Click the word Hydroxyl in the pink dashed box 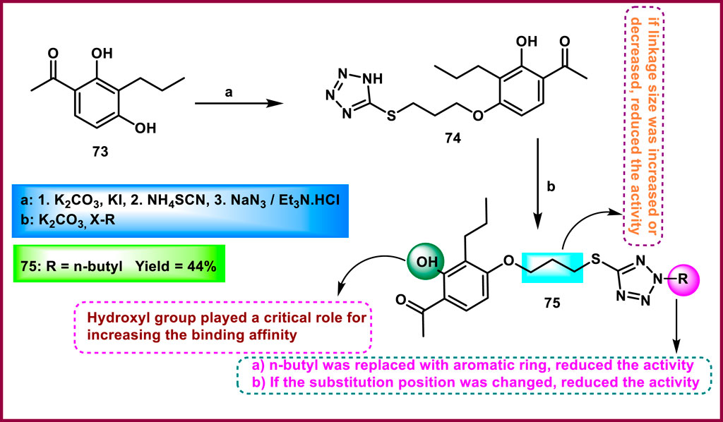point(116,318)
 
